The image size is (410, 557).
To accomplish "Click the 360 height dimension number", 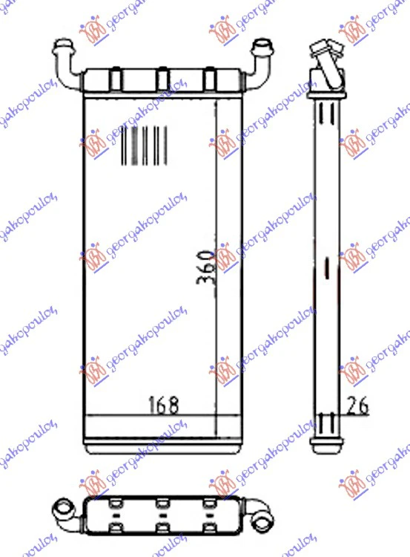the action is coord(206,267).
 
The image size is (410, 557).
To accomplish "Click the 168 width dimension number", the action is coord(163,405).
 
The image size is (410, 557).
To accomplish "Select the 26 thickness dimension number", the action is coord(357,405).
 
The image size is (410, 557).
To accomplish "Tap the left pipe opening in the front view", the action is coord(63,46).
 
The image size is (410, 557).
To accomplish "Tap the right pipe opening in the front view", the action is coord(262,46).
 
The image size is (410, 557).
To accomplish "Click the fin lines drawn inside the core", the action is coord(144,146).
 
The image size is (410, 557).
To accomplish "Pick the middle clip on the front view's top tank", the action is coord(162,78).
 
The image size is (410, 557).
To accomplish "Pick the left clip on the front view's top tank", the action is coord(115,78).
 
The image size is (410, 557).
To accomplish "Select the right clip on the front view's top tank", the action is coord(209,78).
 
